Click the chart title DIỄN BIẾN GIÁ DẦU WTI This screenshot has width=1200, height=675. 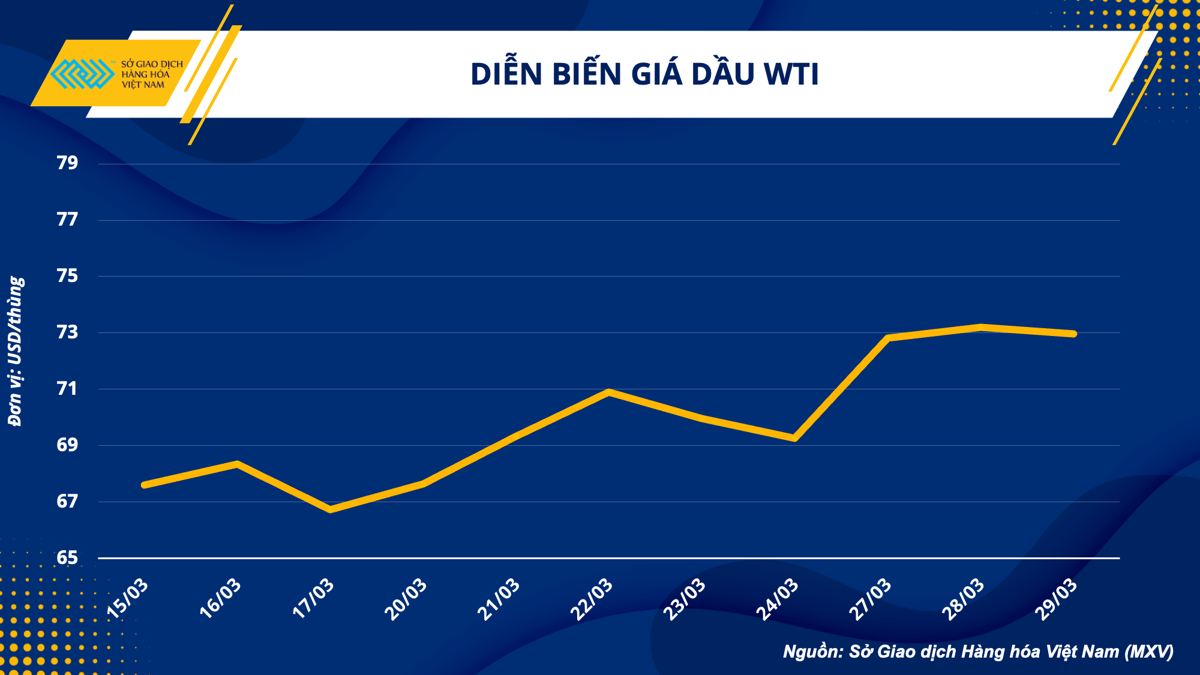[x=644, y=74]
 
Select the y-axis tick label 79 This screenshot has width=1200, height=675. [x=67, y=163]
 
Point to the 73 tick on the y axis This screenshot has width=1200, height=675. [x=67, y=332]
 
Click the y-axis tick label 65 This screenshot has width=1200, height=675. [x=67, y=558]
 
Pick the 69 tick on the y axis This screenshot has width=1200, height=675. [x=67, y=445]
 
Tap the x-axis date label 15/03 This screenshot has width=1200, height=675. [x=128, y=598]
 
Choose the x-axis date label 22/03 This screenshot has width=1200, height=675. [x=592, y=598]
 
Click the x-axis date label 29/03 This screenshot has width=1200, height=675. [x=1057, y=598]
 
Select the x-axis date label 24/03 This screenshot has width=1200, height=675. [x=778, y=598]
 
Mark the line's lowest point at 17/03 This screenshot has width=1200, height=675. [x=331, y=509]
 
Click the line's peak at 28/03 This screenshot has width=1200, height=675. [x=980, y=327]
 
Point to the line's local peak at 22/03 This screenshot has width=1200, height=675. [x=609, y=392]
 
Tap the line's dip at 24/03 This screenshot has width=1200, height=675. [x=794, y=438]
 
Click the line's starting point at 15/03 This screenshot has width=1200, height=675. [x=145, y=484]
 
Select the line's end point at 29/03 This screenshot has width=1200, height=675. [x=1073, y=334]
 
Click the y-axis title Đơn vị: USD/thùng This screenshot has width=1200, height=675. [x=16, y=351]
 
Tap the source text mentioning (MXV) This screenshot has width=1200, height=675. [x=978, y=652]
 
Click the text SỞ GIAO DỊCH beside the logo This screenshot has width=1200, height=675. [x=152, y=64]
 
